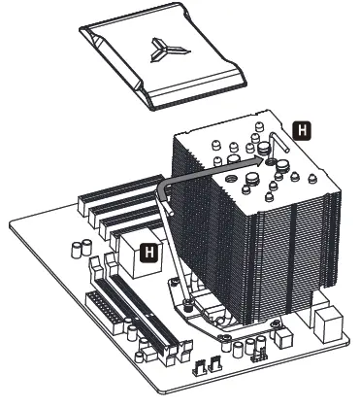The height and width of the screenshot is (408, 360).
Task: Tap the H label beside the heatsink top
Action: tap(301, 127)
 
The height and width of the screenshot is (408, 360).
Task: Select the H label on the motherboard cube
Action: tap(148, 253)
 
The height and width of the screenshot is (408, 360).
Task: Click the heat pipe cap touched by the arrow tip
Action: tap(264, 150)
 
